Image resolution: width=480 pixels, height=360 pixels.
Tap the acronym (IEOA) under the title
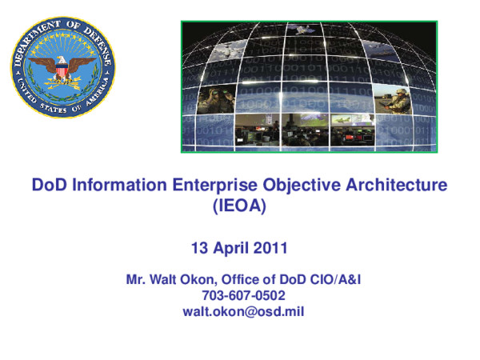[238, 206]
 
